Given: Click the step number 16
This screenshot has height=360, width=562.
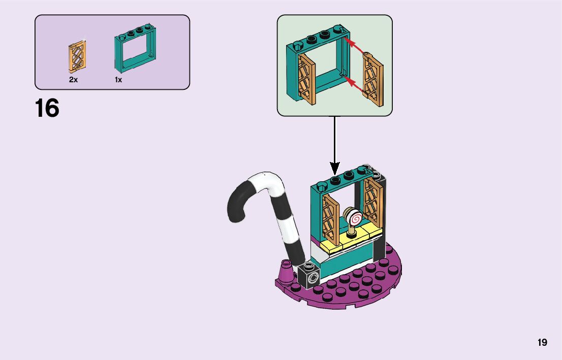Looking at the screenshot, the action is tap(47, 109).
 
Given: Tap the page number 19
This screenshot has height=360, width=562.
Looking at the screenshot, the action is tap(542, 342).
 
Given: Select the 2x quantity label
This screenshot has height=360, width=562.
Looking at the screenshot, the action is tap(73, 80).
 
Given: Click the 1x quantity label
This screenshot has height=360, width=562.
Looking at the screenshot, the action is tap(118, 80).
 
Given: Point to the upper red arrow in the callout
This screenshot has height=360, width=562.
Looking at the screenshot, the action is tap(354, 45).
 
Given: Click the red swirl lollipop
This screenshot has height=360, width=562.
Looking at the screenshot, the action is tap(354, 217).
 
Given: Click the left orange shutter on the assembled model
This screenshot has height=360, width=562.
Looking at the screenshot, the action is tap(331, 218).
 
